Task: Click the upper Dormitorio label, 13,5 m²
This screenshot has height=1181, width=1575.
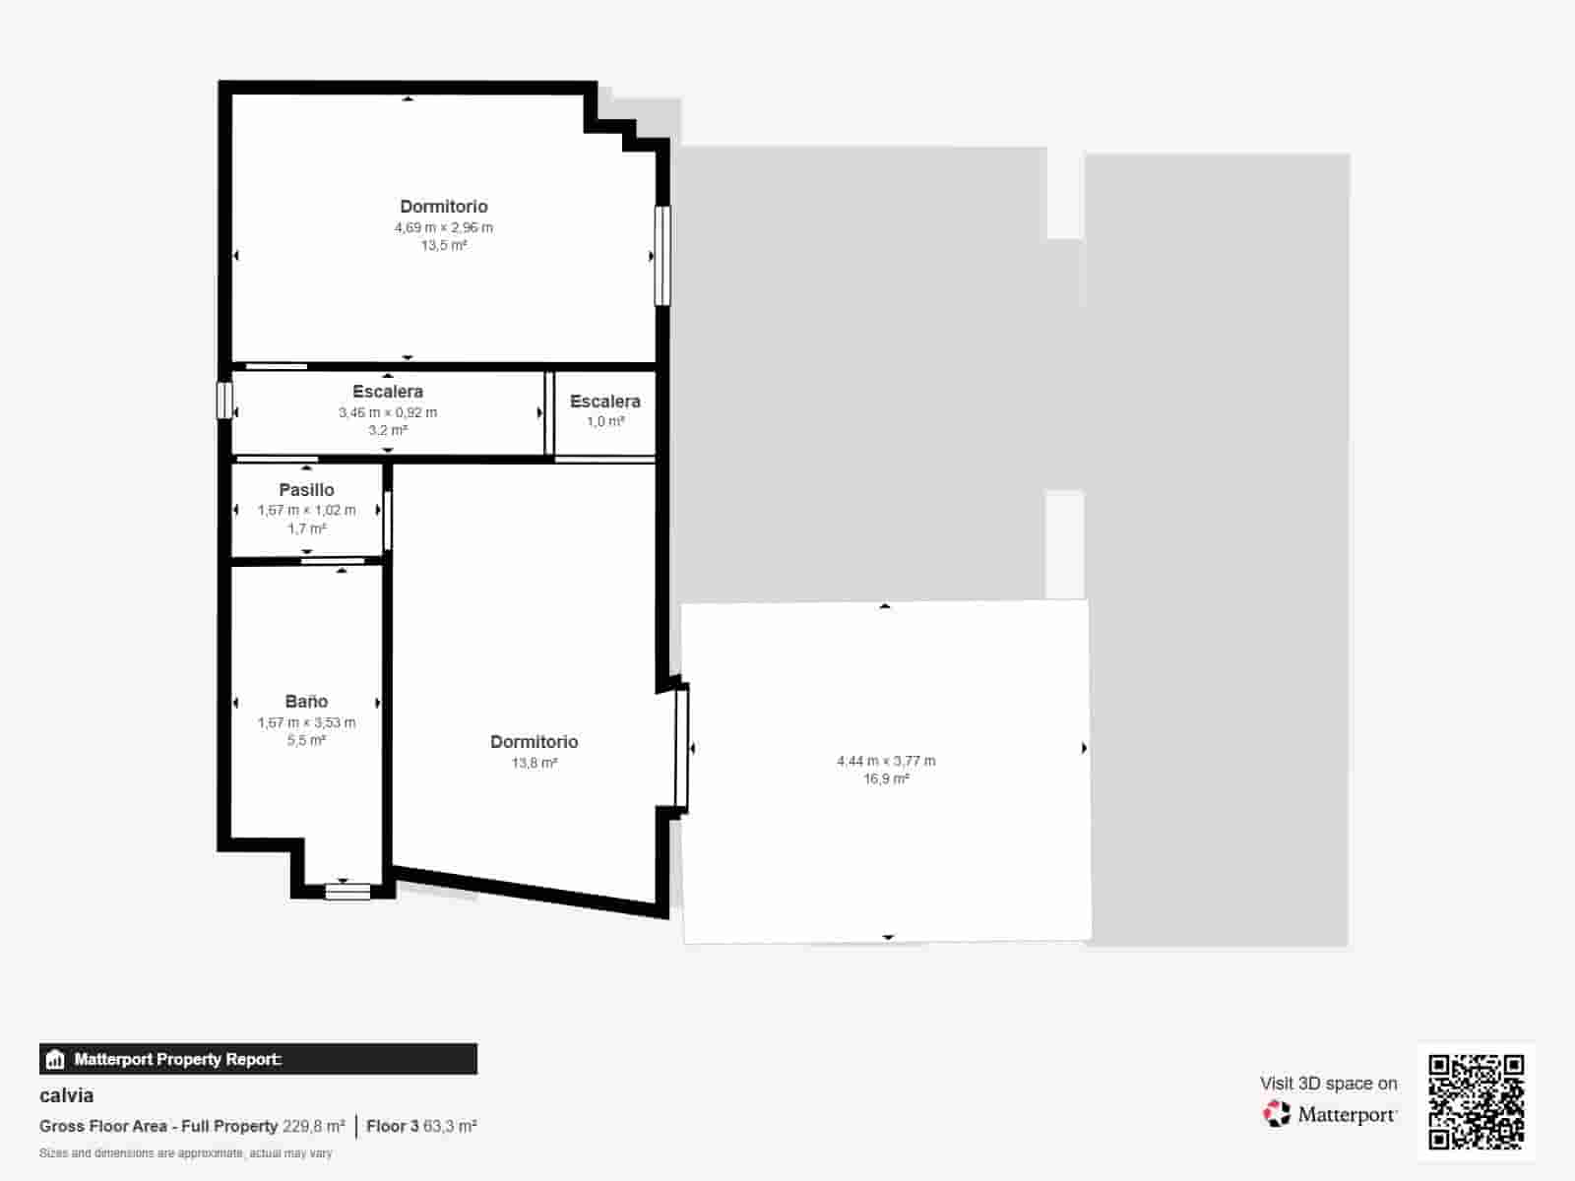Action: coord(443,207)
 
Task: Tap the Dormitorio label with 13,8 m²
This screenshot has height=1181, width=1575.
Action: coord(534,742)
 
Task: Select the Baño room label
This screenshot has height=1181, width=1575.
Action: coord(306,702)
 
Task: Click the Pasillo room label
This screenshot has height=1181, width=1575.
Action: coord(306,490)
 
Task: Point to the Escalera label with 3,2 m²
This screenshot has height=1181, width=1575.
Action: coord(387,392)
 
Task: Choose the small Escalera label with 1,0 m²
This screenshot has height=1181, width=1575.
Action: coord(604,402)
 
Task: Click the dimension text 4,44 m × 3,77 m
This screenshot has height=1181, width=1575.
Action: coord(886,761)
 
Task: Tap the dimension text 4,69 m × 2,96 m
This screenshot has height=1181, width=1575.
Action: coord(443,227)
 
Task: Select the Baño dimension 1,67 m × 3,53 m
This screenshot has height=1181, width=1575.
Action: coord(306,722)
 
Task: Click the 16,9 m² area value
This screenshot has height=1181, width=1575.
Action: coord(886,778)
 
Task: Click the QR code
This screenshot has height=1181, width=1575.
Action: coord(1476,1102)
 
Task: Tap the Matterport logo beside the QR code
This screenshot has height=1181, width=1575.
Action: coord(1330,1114)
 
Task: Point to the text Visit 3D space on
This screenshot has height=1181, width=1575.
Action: coord(1328,1084)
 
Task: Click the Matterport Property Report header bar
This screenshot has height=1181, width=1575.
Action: coord(258,1059)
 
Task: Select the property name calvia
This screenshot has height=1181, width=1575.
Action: coord(67,1095)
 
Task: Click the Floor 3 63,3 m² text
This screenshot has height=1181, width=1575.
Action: coord(421,1126)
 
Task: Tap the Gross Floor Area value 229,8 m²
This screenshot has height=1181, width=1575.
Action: coord(313,1126)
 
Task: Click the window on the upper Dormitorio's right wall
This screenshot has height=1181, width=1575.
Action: coord(662,255)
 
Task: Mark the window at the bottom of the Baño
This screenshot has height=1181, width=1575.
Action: coord(347,892)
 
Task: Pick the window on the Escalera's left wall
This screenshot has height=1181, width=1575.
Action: coord(224,401)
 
